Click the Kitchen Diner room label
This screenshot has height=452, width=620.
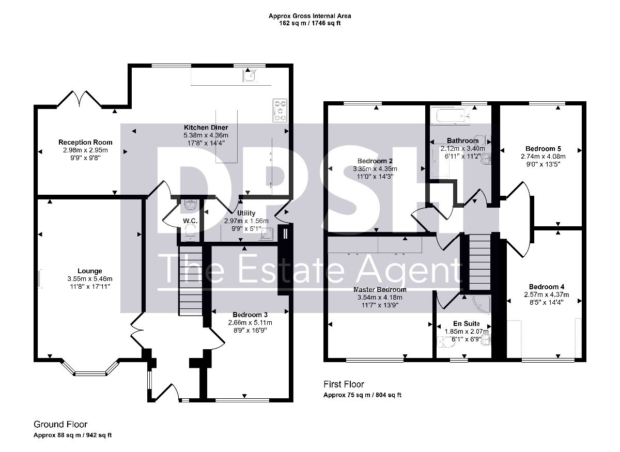point(206,128)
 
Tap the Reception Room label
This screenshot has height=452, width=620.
point(85,142)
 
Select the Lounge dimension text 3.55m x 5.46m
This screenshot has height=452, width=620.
point(90,279)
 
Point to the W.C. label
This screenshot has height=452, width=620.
point(190,221)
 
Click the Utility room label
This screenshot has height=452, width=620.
point(246,213)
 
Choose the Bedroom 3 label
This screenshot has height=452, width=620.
point(250,315)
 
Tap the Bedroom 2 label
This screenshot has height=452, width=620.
point(375,161)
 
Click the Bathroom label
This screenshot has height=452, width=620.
point(462,141)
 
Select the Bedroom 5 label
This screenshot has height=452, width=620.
point(543,149)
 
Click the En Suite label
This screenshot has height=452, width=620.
point(467,323)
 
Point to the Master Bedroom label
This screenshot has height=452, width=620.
point(380,289)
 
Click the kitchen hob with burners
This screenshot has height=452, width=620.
point(280,111)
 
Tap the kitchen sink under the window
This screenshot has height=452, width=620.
point(250,75)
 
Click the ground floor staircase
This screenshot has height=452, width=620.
point(191,280)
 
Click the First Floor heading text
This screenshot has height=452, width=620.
point(344,384)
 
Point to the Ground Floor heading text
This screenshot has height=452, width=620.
point(60,424)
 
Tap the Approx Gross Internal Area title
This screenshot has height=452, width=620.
point(309,16)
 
